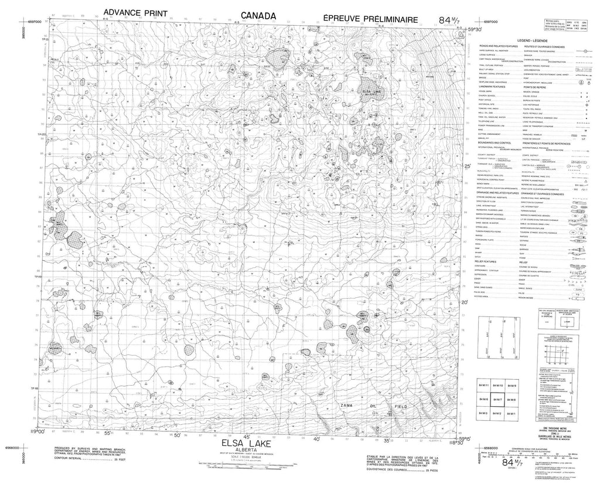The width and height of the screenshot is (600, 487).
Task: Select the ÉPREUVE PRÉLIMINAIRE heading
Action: coord(370,19)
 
